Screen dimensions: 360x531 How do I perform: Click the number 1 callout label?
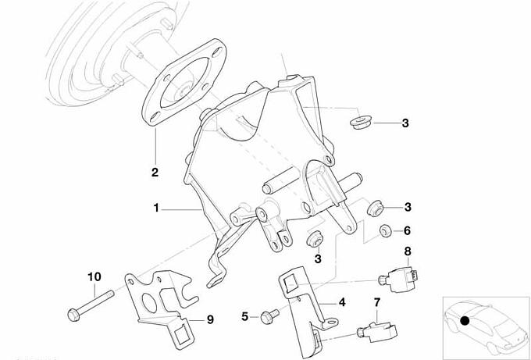[156, 209]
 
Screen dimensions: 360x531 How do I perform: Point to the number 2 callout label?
[155, 172]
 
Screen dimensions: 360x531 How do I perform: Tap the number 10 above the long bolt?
[94, 276]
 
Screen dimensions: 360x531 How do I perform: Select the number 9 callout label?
[209, 319]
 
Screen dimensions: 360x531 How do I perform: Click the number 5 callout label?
[244, 316]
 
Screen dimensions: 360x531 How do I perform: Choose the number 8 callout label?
[406, 251]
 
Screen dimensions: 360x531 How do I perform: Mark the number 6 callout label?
[406, 230]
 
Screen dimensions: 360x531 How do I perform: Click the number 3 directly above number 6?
[406, 207]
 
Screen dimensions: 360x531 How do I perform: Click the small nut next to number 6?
[384, 231]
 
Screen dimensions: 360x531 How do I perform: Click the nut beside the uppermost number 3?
[361, 123]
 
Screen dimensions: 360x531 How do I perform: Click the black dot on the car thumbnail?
[465, 320]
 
